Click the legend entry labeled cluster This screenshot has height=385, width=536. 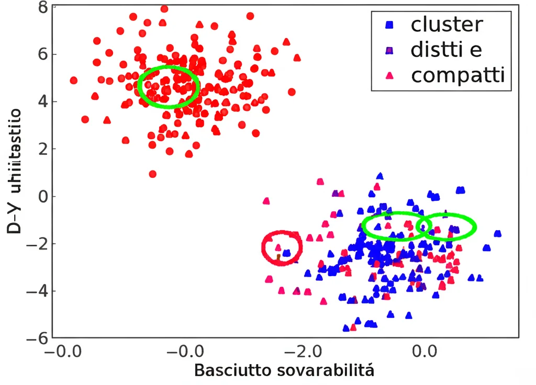tap(446, 24)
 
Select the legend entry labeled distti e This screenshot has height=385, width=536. tap(446, 50)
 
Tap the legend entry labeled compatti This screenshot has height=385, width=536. tap(457, 75)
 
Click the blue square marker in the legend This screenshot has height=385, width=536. tap(389, 24)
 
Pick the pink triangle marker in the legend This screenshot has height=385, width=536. tap(389, 76)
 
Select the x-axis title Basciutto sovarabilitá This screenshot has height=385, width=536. tap(284, 371)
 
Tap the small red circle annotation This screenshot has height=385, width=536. tap(282, 247)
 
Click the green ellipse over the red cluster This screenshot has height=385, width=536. tap(168, 87)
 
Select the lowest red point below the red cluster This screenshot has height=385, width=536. tap(152, 174)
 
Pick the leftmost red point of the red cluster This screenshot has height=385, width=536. tap(73, 81)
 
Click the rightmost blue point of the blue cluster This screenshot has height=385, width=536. tap(497, 233)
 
